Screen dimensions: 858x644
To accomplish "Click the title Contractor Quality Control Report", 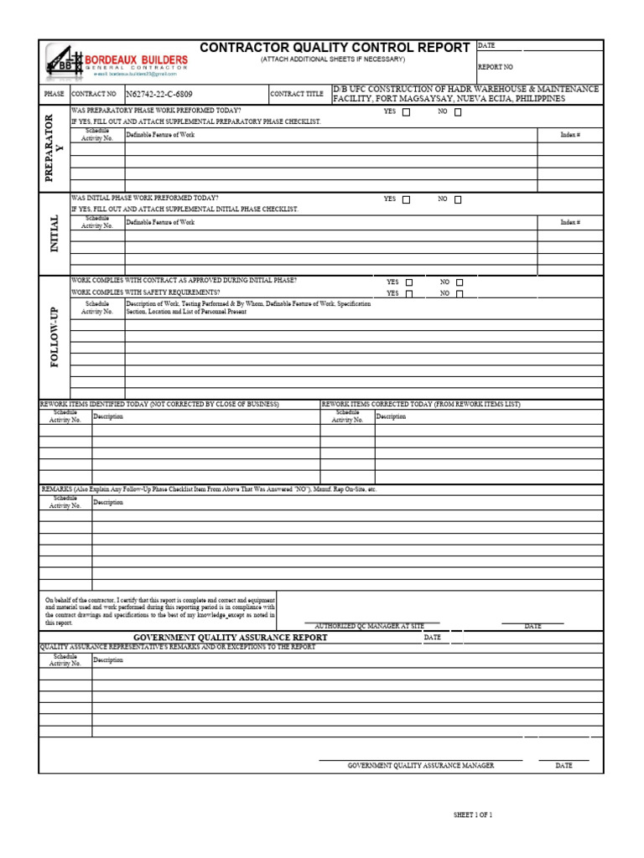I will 332,48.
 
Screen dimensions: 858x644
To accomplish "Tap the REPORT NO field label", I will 496,67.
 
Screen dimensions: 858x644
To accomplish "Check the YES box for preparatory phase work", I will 407,112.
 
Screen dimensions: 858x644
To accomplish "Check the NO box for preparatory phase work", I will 458,112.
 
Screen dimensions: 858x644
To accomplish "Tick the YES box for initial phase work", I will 407,200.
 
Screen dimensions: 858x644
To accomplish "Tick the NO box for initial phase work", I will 458,200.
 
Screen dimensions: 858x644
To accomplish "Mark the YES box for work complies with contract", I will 410,283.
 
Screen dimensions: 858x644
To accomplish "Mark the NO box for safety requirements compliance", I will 460,294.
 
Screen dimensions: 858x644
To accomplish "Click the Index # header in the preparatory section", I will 570,135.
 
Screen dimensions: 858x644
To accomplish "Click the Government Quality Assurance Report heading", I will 231,638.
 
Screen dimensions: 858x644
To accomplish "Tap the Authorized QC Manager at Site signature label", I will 370,626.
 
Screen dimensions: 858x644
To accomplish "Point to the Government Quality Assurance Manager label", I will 420,766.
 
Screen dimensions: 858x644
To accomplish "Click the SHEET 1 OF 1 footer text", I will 473,814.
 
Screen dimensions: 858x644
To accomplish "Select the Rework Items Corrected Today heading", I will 421,405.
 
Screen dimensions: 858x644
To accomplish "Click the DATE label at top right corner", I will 488,44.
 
